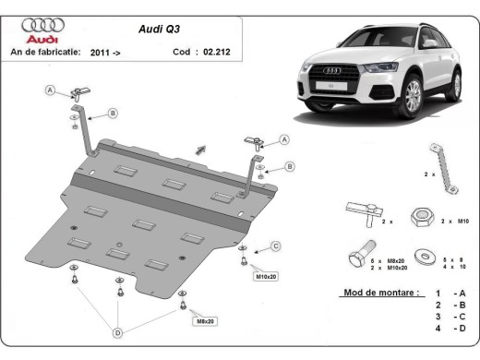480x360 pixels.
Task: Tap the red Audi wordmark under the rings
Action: pyautogui.click(x=42, y=40)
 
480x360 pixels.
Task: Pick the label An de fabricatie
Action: pyautogui.click(x=45, y=53)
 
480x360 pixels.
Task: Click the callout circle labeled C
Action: pyautogui.click(x=275, y=245)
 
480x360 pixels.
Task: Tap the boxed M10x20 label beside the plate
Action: pyautogui.click(x=265, y=275)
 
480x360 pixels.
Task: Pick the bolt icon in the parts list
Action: pyautogui.click(x=358, y=255)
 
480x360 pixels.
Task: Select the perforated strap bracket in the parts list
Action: pyautogui.click(x=441, y=169)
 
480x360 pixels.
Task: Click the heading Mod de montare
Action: pyautogui.click(x=366, y=292)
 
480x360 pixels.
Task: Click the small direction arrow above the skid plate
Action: pyautogui.click(x=200, y=147)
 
